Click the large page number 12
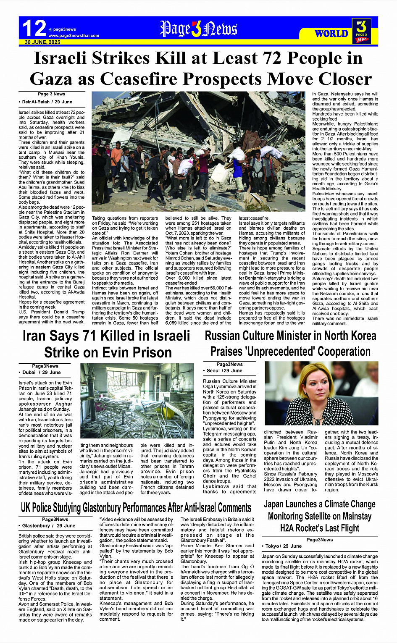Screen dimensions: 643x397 tap(34, 29)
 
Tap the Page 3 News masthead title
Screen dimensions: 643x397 tap(198, 29)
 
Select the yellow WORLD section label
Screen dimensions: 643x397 tap(331, 34)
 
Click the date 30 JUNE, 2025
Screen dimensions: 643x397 tap(42, 42)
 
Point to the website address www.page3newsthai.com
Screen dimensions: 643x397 tap(74, 36)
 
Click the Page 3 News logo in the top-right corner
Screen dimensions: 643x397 tap(362, 31)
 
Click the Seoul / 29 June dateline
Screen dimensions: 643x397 tap(224, 371)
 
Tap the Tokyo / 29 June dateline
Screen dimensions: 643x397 tap(283, 546)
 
